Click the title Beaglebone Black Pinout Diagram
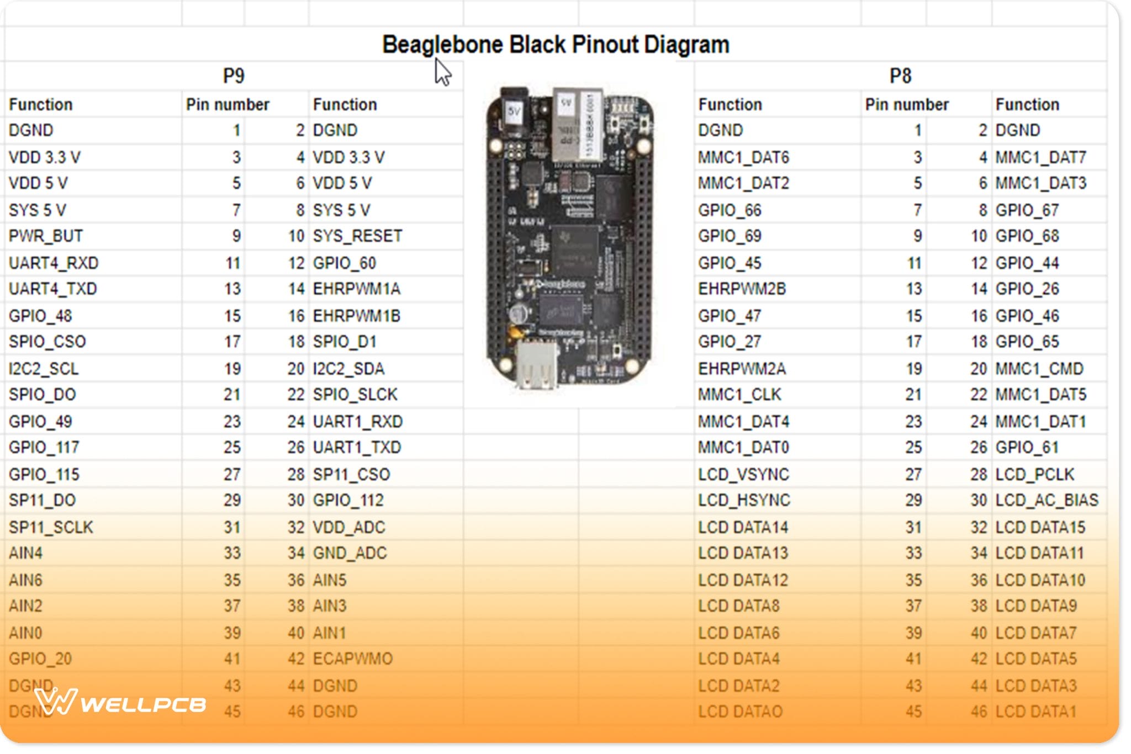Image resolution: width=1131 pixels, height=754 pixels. [556, 44]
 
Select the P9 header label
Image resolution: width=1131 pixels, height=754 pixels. [234, 76]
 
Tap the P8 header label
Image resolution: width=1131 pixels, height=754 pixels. [900, 76]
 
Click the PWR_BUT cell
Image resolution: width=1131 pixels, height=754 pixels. [46, 236]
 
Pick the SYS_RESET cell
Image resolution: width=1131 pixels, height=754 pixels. [357, 236]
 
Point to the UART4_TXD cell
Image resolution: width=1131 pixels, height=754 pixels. [53, 289]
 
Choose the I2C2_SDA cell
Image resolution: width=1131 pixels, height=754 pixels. [348, 369]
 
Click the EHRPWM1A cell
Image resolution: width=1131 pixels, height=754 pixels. [357, 289]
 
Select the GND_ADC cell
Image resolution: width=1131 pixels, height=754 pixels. [350, 553]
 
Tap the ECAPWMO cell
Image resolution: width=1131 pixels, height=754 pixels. [353, 659]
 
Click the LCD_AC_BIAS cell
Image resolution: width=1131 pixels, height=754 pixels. [1047, 500]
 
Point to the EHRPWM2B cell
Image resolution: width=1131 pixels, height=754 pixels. [742, 289]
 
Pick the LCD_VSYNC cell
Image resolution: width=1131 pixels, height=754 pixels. [743, 474]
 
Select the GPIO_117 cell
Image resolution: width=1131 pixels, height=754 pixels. [44, 447]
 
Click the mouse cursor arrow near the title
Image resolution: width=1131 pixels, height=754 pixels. [442, 72]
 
